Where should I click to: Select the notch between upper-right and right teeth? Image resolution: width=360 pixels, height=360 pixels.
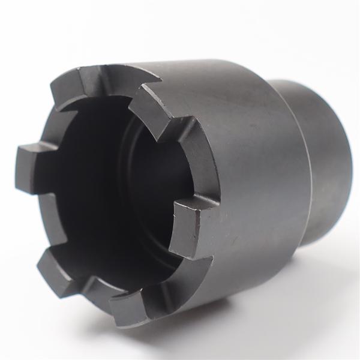[183, 162]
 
